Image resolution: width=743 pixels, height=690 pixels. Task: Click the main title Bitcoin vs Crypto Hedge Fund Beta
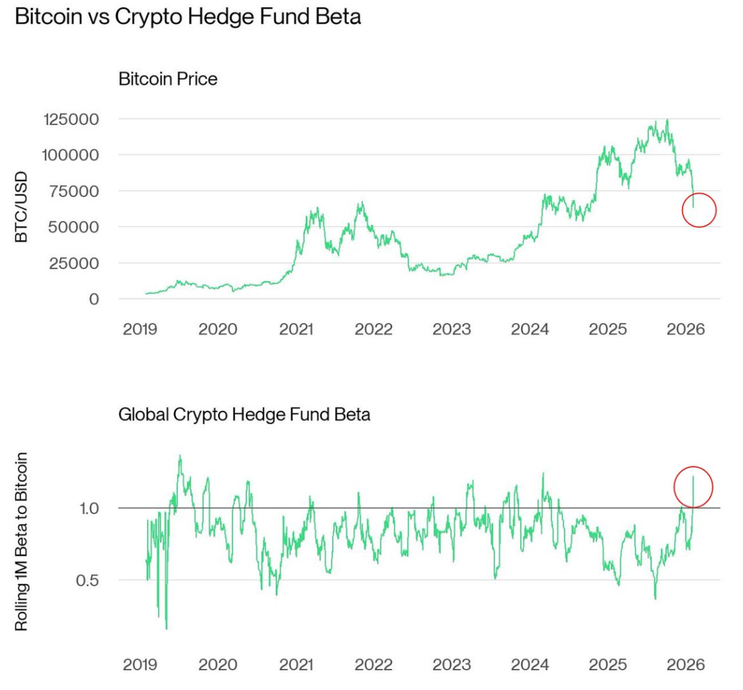point(188,18)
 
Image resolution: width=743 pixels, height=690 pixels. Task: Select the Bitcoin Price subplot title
point(167,79)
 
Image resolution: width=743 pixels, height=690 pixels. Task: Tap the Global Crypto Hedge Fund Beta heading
point(244,414)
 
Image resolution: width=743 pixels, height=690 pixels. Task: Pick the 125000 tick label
point(71,119)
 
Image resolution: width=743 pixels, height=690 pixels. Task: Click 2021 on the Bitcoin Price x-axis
point(295,330)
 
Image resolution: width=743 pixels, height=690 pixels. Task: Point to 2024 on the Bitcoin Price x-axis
point(530,330)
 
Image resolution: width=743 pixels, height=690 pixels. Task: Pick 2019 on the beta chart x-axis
point(140,665)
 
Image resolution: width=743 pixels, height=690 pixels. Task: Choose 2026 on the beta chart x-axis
point(685,665)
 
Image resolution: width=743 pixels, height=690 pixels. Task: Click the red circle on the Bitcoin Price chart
point(699,210)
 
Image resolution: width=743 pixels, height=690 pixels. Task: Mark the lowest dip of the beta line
point(167,629)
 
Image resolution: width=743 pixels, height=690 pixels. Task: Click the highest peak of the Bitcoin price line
point(667,121)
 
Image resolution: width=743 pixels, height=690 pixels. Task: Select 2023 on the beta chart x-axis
point(452,665)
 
